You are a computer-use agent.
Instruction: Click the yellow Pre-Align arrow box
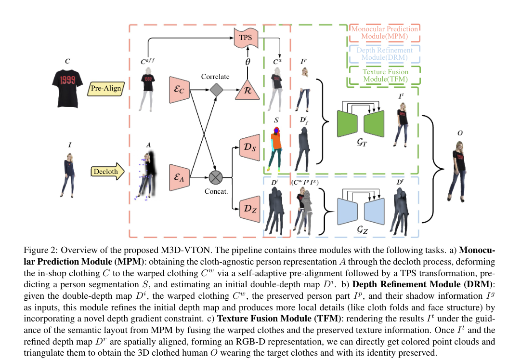[106, 89]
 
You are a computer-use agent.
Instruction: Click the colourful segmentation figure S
[276, 145]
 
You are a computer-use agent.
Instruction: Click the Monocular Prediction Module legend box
[384, 33]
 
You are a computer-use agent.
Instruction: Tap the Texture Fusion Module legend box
[384, 75]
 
